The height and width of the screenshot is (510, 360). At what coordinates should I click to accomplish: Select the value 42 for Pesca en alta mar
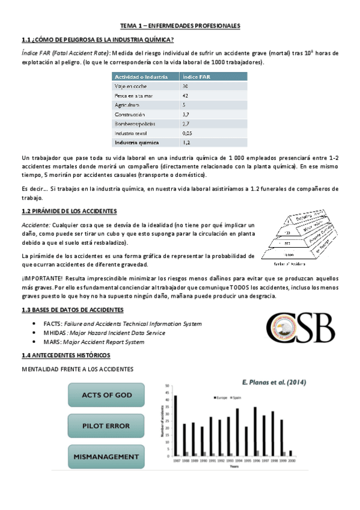(x=185, y=96)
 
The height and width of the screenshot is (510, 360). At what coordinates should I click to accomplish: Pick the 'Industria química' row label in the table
(x=136, y=143)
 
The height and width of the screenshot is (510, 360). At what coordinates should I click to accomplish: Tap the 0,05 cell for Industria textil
(x=188, y=133)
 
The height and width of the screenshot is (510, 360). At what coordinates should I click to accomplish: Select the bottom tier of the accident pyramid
(x=294, y=254)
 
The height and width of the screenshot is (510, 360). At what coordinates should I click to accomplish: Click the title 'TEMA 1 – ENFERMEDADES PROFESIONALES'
(x=180, y=26)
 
